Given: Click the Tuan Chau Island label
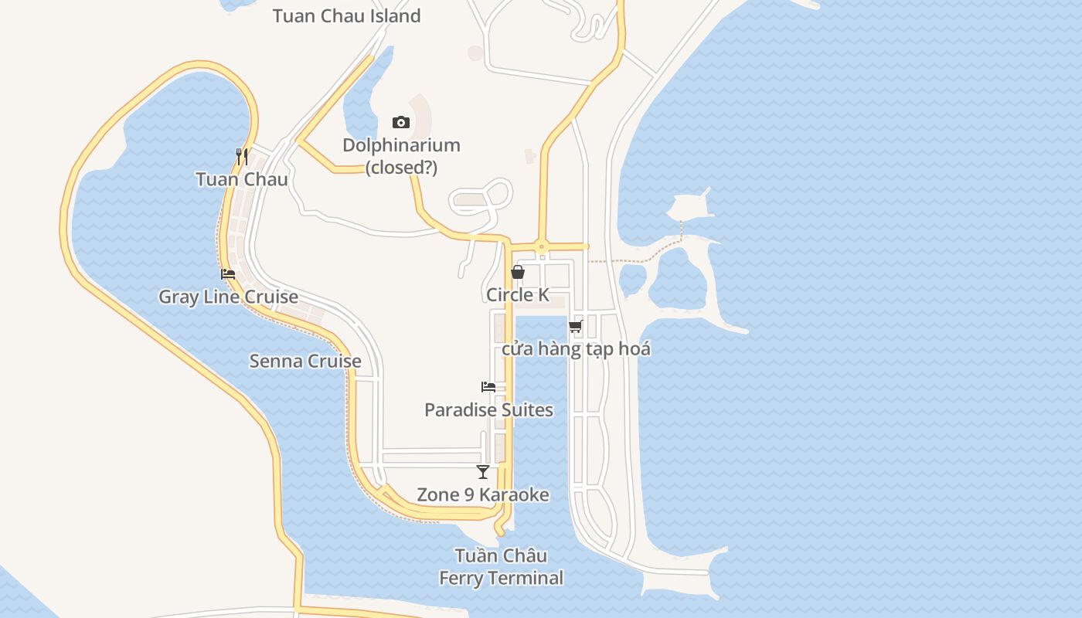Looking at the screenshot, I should point(346,15).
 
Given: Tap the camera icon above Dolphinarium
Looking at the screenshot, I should point(400,122).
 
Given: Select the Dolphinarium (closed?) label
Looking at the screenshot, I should point(401,155).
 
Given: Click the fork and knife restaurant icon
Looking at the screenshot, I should point(242,157).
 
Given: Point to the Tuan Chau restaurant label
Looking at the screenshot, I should point(242,179).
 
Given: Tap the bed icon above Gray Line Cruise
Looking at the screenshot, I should point(227,273).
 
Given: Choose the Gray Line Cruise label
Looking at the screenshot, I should point(228,297).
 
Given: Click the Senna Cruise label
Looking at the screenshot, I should point(305,361).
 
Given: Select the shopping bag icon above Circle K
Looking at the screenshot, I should point(518,272).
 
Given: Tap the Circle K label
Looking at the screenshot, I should point(518,294).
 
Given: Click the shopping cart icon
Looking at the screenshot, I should point(576,326).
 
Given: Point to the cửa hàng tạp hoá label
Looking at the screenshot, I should point(576,348).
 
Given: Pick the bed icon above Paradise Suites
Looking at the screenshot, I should point(488,386).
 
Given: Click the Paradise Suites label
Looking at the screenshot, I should point(488,409).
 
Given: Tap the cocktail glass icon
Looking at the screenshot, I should point(483,471).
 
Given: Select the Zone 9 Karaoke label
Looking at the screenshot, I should point(483,494).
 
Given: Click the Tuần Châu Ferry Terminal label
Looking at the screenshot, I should point(501,566).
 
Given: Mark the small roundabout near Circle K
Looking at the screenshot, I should point(542,247).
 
